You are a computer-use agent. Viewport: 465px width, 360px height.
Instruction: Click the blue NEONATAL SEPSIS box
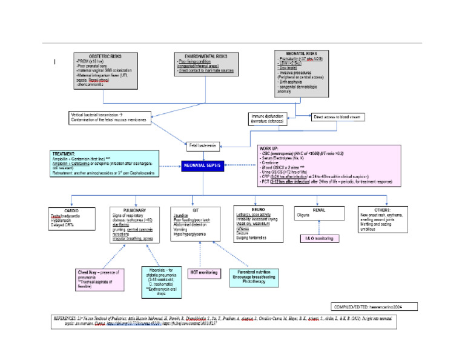205,165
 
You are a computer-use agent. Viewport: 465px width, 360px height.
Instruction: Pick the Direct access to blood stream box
338,116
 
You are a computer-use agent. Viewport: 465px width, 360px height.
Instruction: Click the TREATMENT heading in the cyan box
65,154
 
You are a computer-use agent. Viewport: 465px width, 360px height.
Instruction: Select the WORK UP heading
269,148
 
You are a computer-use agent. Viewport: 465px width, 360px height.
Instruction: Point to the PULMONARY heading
128,210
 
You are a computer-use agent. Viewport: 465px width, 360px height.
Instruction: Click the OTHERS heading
385,210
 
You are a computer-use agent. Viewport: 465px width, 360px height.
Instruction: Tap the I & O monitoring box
318,238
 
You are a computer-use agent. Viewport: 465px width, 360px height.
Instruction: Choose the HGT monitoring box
203,273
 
